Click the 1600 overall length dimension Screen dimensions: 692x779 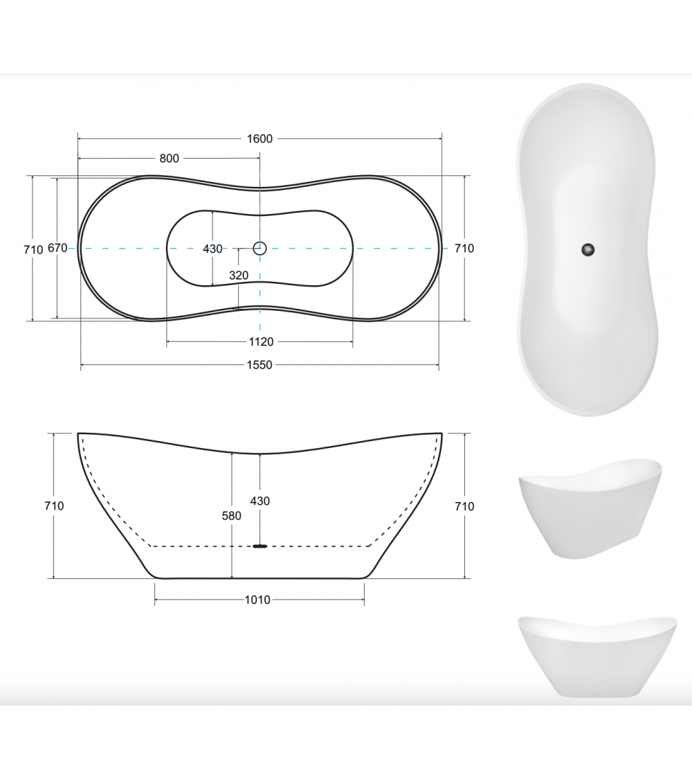259,138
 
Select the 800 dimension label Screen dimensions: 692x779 170,159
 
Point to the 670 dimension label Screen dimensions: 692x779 57,248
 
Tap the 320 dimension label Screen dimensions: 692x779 239,275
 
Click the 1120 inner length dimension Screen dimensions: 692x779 261,342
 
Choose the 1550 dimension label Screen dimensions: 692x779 259,365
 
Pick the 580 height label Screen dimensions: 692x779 231,516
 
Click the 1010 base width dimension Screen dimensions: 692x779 257,600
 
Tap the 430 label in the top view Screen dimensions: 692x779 212,249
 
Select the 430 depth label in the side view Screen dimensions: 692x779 260,501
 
